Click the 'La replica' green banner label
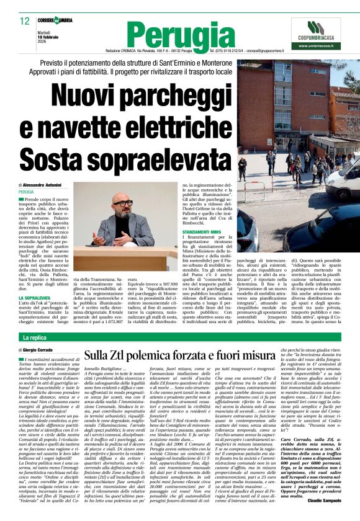(34, 337)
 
